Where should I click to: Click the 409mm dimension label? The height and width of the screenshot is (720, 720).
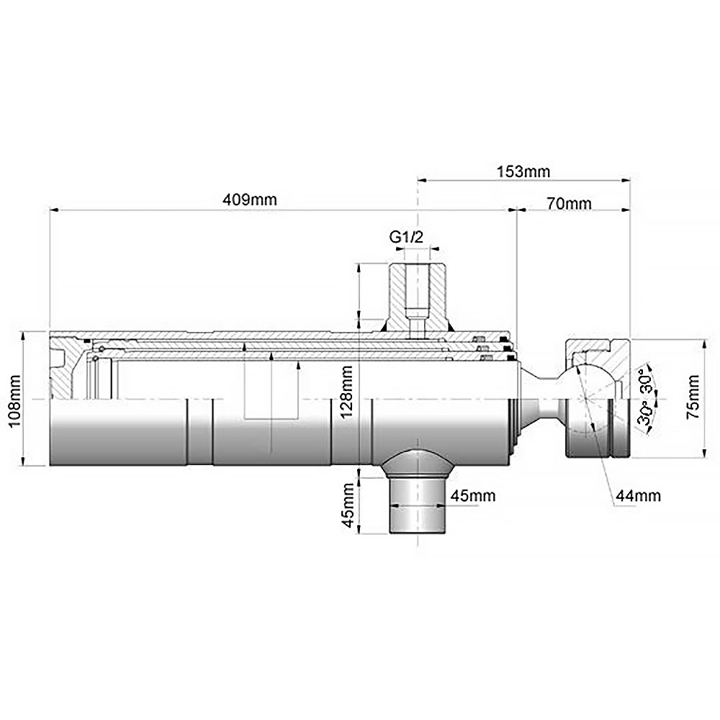250,199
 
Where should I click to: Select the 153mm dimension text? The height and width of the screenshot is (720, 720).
523,172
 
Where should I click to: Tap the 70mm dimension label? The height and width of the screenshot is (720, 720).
569,203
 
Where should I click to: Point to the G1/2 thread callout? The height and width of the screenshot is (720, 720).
406,237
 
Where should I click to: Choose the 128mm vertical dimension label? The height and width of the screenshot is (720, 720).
347,391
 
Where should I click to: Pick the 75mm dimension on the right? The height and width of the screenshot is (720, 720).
693,397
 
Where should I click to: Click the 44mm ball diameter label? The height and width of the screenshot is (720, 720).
638,495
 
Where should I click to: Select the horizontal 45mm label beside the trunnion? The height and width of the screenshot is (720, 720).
473,495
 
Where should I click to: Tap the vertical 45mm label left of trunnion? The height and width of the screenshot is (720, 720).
349,505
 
